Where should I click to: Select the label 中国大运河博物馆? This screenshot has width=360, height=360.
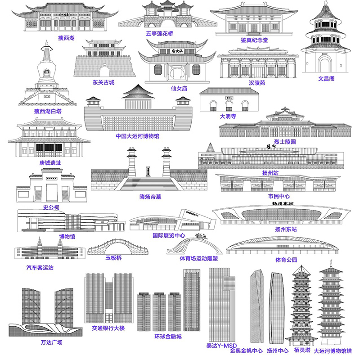point(137,136)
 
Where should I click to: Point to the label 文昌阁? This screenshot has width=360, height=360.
point(326,79)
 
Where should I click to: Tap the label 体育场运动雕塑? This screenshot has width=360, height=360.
point(198,259)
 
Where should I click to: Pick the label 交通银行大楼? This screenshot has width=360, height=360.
point(108,328)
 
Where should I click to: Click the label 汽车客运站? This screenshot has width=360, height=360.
point(40,267)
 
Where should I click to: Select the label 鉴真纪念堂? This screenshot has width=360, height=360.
point(254,40)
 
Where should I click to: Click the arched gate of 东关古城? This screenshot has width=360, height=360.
point(104,71)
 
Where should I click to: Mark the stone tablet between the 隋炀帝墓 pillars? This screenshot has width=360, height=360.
point(148,171)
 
